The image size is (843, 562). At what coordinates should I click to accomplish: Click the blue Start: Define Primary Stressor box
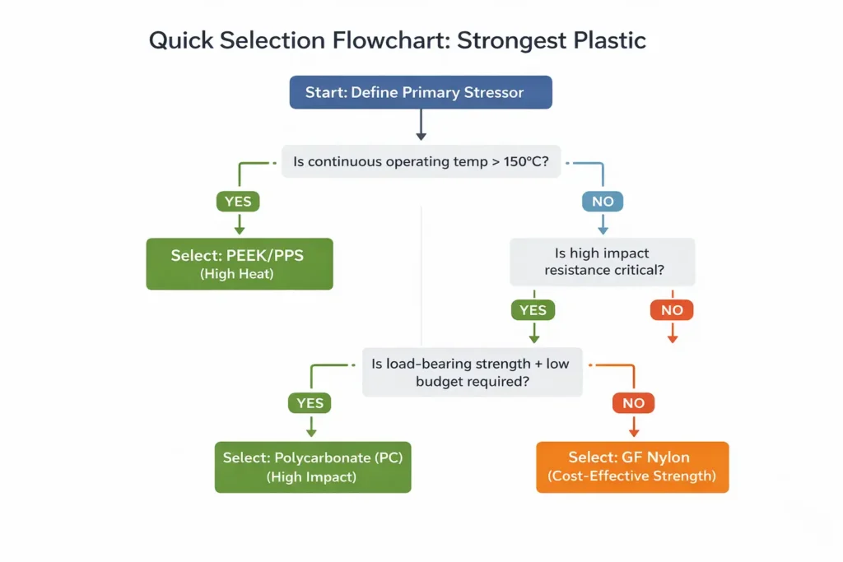coord(421,92)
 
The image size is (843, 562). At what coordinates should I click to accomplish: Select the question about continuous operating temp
coord(421,162)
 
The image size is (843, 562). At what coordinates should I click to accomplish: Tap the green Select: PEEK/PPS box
coord(239,264)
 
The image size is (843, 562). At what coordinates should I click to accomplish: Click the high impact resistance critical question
coord(603,262)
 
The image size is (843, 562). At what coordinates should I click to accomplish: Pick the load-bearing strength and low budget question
coord(472,373)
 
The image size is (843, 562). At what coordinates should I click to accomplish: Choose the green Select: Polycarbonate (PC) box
coord(313,467)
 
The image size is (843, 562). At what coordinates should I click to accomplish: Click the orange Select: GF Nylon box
coord(632,467)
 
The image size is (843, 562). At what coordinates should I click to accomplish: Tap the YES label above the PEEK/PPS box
coord(239,201)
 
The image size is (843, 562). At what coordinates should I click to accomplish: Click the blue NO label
coord(603,201)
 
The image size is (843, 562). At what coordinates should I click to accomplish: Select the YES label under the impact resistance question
coord(533,310)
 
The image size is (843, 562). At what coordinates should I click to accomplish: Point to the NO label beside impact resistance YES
coord(672,310)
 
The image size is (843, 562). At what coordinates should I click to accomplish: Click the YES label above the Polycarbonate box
coord(310,403)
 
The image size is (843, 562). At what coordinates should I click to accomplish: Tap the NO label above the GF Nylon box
coord(634,403)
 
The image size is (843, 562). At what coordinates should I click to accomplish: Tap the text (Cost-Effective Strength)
coord(632,476)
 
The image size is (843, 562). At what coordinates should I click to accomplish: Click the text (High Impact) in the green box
coord(313,476)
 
